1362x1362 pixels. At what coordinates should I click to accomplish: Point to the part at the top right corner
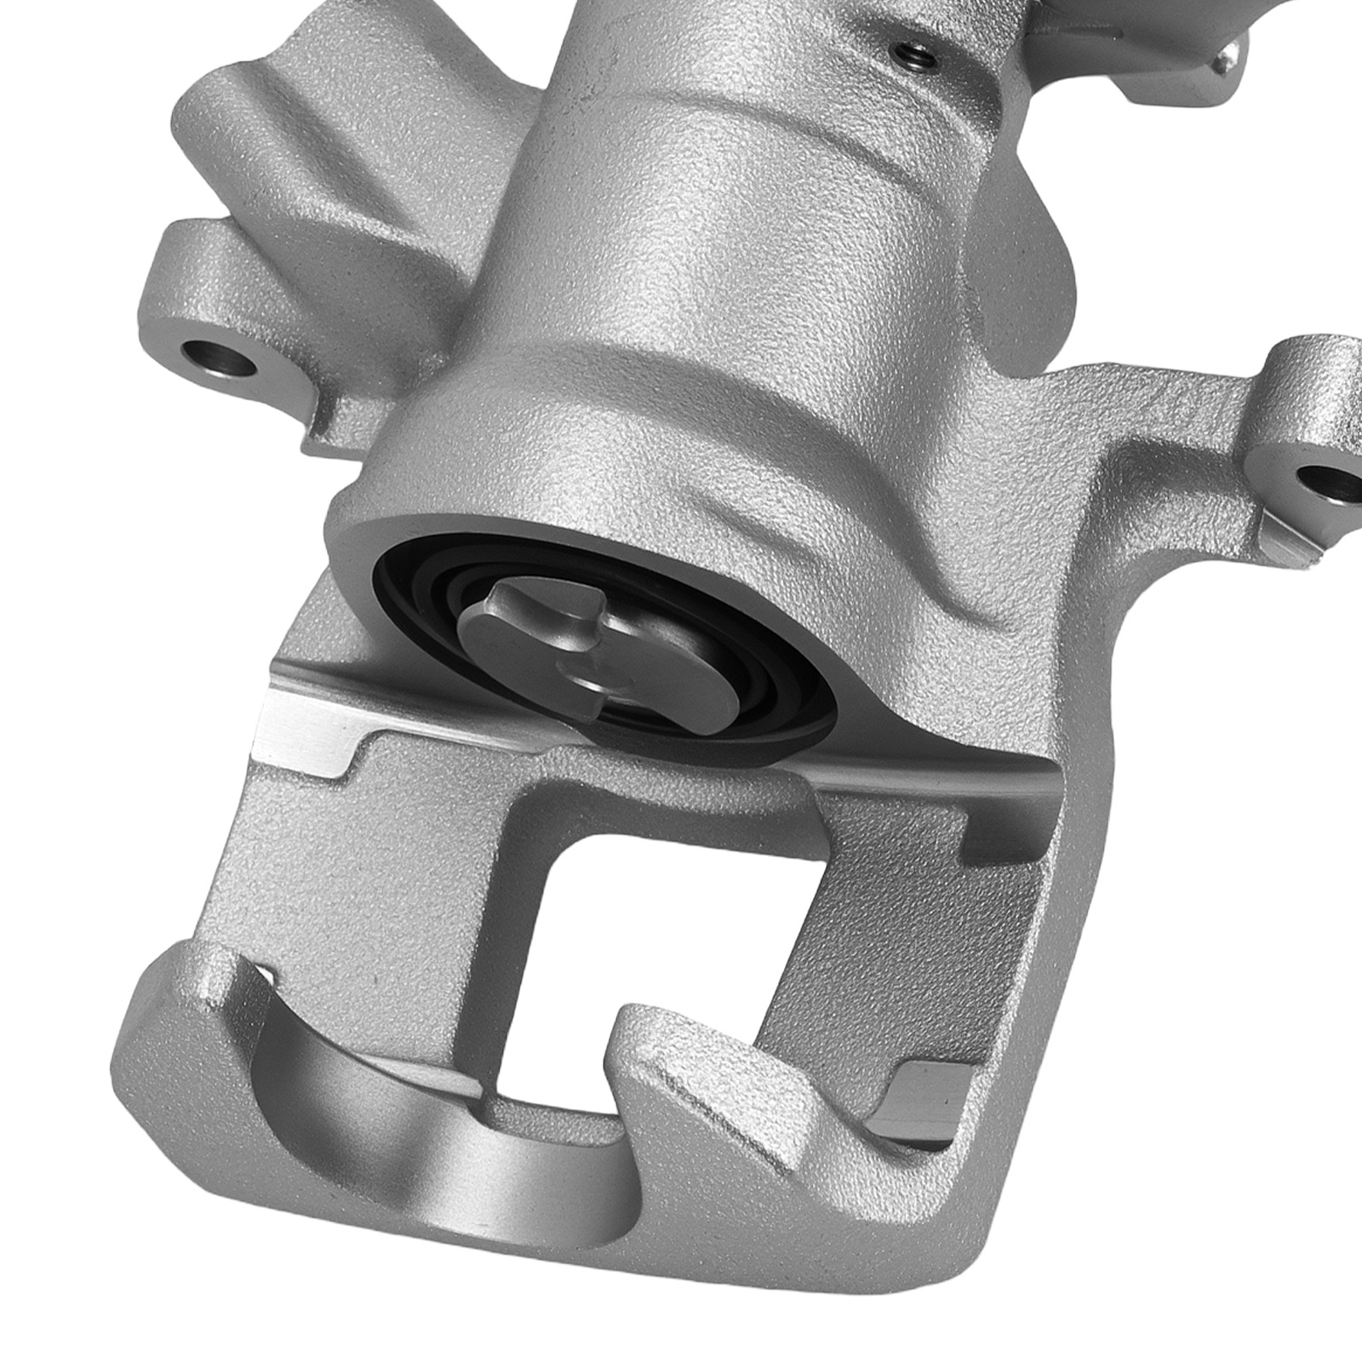coord(1226,60)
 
